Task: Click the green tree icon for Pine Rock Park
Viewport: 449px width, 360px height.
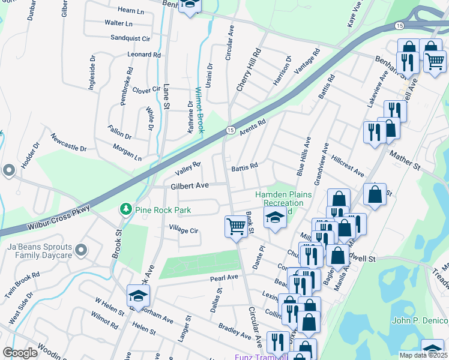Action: click(125, 209)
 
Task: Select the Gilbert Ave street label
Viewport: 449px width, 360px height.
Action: click(189, 186)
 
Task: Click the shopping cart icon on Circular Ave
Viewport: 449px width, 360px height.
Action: click(235, 227)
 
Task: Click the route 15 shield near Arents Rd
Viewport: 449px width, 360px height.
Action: click(230, 130)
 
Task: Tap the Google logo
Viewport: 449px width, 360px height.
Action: click(20, 353)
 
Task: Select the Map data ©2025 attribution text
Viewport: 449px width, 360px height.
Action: click(423, 355)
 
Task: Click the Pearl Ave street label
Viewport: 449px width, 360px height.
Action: click(224, 278)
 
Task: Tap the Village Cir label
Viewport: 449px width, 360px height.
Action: click(183, 230)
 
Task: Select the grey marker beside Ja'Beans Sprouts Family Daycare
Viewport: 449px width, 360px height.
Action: click(82, 250)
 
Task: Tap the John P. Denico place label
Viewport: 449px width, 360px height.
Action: click(418, 322)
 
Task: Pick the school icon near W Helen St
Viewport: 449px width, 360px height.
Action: click(138, 296)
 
